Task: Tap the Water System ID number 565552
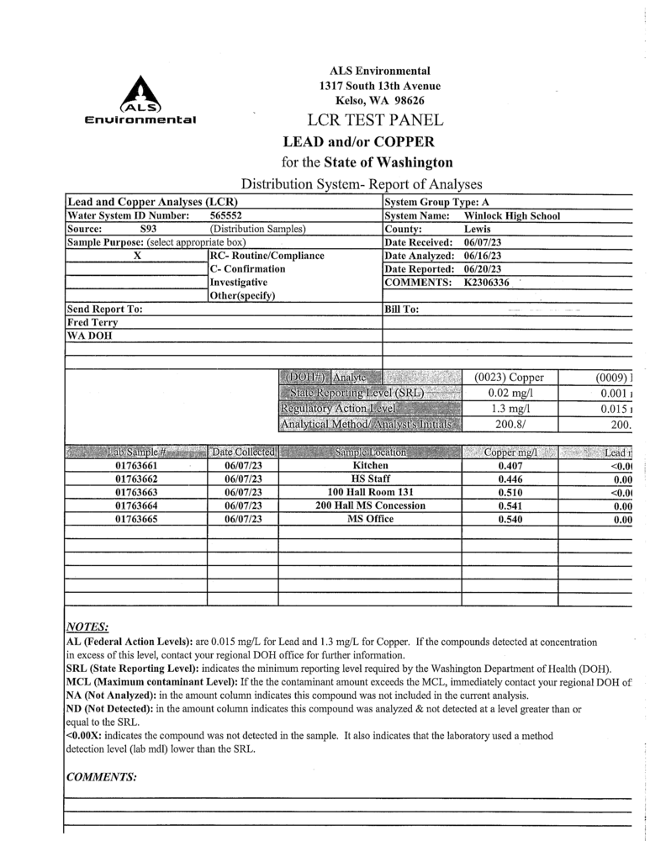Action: pyautogui.click(x=226, y=216)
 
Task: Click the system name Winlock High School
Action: pyautogui.click(x=512, y=216)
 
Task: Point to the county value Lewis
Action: pyautogui.click(x=478, y=229)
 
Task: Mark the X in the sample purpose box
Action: pyautogui.click(x=136, y=256)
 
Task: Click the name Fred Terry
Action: pyautogui.click(x=92, y=322)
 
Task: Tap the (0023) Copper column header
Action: pyautogui.click(x=510, y=378)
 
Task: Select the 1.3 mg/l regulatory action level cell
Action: pyautogui.click(x=510, y=409)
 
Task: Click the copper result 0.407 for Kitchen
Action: pyautogui.click(x=510, y=465)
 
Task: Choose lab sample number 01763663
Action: pyautogui.click(x=135, y=492)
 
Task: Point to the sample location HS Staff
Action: pyautogui.click(x=370, y=479)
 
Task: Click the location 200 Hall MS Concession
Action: pyautogui.click(x=370, y=505)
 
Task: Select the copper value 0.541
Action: pyautogui.click(x=510, y=505)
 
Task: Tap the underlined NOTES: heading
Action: pyautogui.click(x=87, y=627)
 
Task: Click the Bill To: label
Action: pyautogui.click(x=401, y=309)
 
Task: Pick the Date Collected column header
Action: pyautogui.click(x=243, y=452)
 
